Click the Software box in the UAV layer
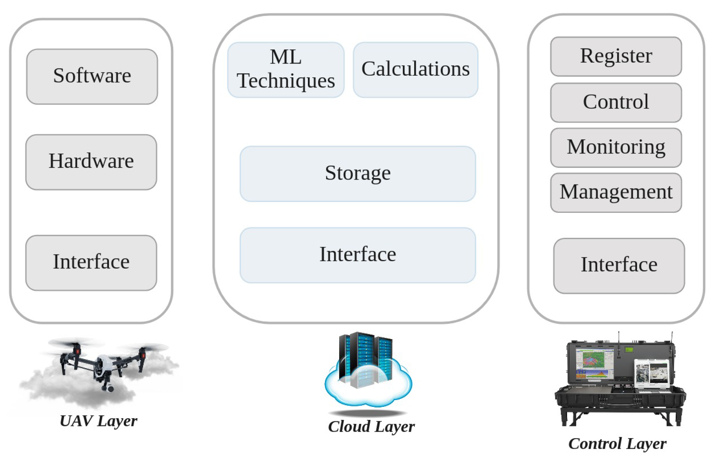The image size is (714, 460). (92, 76)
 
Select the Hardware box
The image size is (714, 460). (91, 162)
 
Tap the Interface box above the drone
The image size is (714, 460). (91, 262)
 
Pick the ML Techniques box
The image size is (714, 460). (286, 70)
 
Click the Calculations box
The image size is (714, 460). (415, 70)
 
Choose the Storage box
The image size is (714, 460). (358, 174)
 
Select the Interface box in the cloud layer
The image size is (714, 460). (358, 255)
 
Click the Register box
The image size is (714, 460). (616, 57)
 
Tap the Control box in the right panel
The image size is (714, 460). (616, 102)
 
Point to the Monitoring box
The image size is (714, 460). (616, 147)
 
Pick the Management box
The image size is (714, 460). (616, 192)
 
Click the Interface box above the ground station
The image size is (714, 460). (619, 266)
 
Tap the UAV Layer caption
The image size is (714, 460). (98, 421)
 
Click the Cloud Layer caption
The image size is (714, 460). (371, 426)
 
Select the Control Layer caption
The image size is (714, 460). (617, 443)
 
